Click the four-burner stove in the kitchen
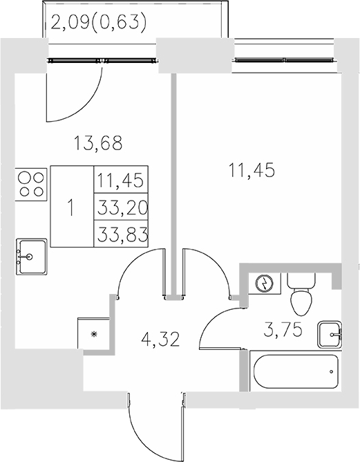[30, 183]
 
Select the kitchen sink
[31, 255]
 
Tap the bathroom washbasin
[331, 335]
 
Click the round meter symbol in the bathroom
[265, 284]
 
